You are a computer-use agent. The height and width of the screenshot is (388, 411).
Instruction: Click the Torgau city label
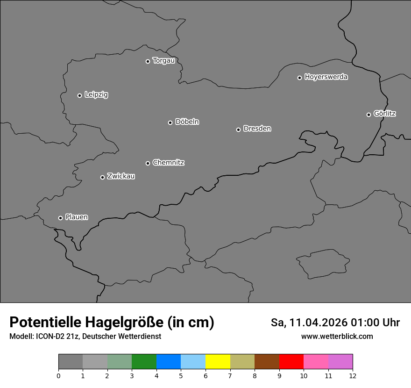[163, 61]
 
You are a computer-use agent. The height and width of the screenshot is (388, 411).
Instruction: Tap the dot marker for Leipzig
[79, 95]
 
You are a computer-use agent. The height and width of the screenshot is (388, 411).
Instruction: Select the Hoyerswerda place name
[326, 77]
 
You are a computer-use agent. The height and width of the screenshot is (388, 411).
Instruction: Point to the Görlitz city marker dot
[368, 115]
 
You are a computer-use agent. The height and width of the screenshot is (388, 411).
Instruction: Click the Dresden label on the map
[257, 129]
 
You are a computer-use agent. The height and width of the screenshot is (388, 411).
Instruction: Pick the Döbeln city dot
[170, 122]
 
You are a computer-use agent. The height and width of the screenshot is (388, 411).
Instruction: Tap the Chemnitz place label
[168, 163]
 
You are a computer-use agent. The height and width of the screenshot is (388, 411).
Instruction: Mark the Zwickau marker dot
[102, 177]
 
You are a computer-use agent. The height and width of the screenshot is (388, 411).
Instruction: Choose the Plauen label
[77, 217]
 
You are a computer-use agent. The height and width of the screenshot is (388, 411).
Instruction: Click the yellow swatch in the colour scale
[218, 361]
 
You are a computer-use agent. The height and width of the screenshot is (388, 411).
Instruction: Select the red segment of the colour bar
[291, 361]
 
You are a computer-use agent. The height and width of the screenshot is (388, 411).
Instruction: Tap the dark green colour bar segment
[144, 361]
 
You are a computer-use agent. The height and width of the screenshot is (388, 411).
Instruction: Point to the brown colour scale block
[267, 361]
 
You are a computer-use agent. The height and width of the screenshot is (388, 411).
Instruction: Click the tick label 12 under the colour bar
[353, 375]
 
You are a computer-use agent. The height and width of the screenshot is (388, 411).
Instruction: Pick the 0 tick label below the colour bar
[58, 375]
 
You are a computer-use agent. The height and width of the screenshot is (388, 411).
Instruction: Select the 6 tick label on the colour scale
[205, 375]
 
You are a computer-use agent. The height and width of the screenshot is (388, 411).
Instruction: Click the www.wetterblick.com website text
[337, 336]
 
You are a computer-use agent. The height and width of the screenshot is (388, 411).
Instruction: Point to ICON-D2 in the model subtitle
[50, 336]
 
